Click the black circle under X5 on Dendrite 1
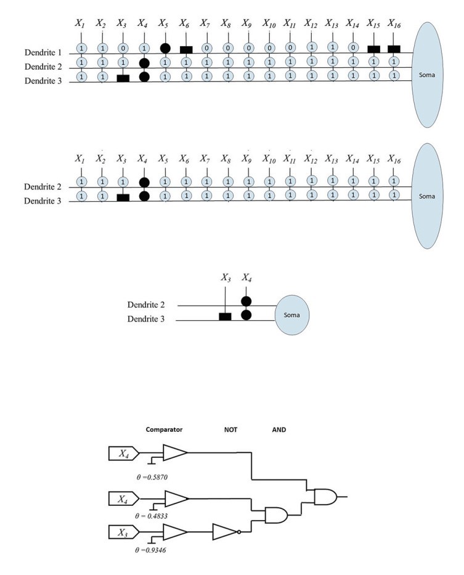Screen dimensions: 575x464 [165, 48]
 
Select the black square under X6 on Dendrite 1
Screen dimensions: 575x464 [185, 49]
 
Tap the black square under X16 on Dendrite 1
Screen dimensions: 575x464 [393, 49]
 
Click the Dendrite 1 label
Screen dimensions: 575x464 [45, 52]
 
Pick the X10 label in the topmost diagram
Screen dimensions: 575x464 [269, 24]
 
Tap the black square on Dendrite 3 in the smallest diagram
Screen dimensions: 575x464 [226, 316]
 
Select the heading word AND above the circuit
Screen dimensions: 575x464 [279, 429]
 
